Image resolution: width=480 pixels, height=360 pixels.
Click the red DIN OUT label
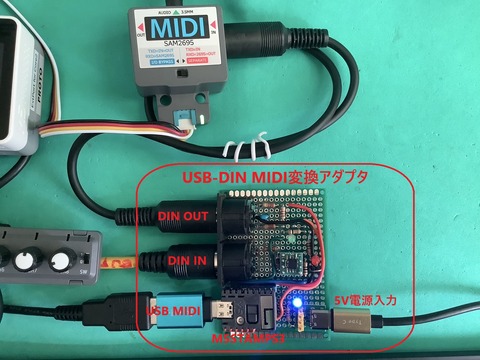point(183,214)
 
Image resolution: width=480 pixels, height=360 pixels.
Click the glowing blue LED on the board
point(296,301)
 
